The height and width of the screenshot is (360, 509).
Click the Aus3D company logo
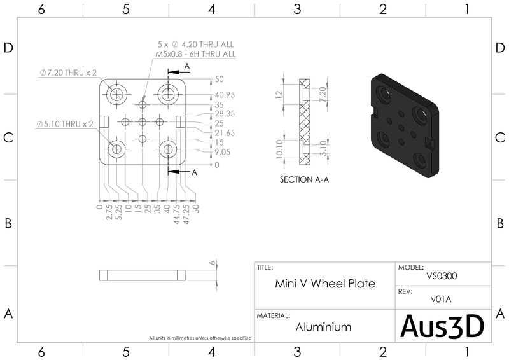pyautogui.click(x=442, y=326)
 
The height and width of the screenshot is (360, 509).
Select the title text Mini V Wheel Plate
pyautogui.click(x=324, y=284)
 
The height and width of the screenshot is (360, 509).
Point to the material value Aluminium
pyautogui.click(x=323, y=327)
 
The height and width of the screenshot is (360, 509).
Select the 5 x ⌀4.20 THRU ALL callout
pyautogui.click(x=195, y=45)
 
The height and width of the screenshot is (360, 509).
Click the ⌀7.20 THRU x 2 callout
pyautogui.click(x=65, y=73)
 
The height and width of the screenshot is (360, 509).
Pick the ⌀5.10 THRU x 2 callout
pyautogui.click(x=65, y=123)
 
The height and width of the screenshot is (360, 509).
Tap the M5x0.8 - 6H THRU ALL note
pyautogui.click(x=195, y=55)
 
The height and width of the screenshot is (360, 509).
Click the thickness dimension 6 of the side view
pyautogui.click(x=211, y=262)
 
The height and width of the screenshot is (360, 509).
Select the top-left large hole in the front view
pyautogui.click(x=117, y=95)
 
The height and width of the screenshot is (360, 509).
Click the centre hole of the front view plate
pyautogui.click(x=143, y=121)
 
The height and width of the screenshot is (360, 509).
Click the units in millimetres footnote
pyautogui.click(x=200, y=338)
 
